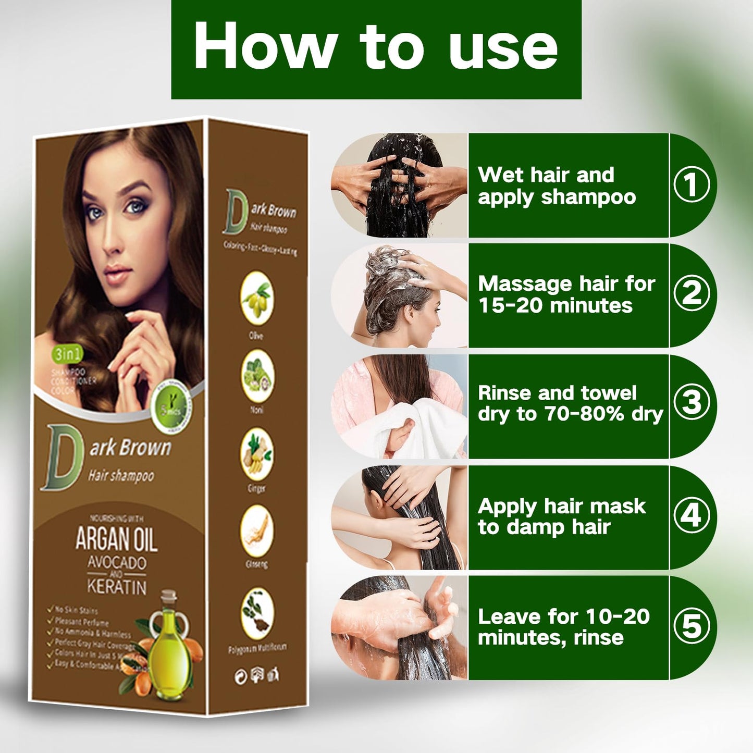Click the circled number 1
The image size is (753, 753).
click(692, 185)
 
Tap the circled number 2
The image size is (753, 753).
click(692, 293)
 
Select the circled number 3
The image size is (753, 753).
click(692, 402)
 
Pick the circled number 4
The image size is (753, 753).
click(692, 515)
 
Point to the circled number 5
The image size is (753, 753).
click(692, 626)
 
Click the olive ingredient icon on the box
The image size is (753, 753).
click(257, 299)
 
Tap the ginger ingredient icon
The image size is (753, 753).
click(257, 454)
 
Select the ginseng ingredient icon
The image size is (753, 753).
click(257, 532)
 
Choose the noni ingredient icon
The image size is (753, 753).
click(257, 376)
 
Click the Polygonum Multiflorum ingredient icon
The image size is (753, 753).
click(257, 613)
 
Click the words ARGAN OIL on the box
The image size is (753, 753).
click(116, 539)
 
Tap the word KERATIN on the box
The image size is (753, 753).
click(117, 587)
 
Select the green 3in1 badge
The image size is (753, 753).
click(67, 354)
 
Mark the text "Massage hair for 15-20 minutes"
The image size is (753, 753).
click(566, 294)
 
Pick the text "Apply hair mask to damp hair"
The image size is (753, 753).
click(561, 516)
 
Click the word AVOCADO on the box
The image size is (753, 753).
click(117, 563)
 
